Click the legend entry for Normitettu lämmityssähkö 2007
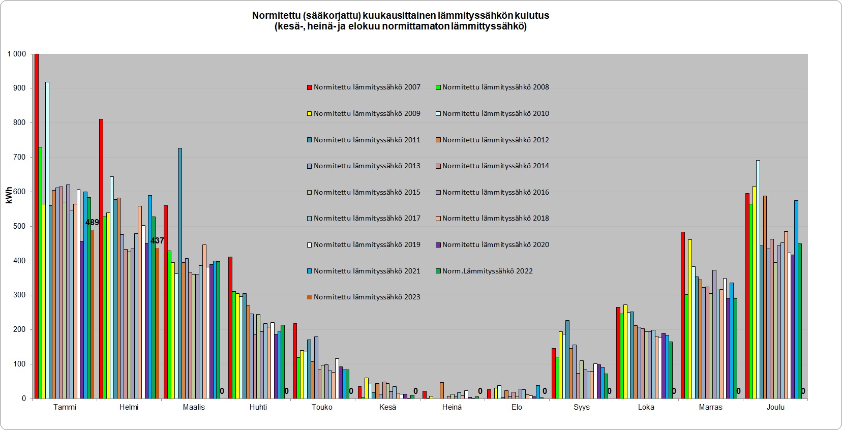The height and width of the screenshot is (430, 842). click(x=364, y=87)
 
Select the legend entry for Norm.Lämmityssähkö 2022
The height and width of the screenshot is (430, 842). click(x=484, y=271)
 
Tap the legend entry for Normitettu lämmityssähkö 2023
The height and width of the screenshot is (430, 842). click(x=364, y=297)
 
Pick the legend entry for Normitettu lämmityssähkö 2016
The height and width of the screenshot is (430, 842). click(x=492, y=193)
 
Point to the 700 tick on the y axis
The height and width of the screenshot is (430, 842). click(x=19, y=157)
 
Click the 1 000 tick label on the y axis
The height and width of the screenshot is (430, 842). click(x=17, y=54)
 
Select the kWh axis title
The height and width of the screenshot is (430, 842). click(x=9, y=195)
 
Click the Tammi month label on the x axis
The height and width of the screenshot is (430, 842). click(x=65, y=407)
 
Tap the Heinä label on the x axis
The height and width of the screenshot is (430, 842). click(x=452, y=407)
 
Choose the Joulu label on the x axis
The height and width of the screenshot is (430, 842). click(x=775, y=407)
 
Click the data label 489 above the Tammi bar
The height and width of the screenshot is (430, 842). click(x=92, y=223)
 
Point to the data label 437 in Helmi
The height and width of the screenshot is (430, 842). click(x=157, y=241)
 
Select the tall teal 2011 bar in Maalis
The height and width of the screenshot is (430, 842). click(x=180, y=273)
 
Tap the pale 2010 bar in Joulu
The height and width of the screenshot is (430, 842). click(x=758, y=279)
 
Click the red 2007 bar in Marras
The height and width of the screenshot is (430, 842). click(x=683, y=315)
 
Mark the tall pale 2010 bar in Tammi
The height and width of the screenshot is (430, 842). click(x=47, y=240)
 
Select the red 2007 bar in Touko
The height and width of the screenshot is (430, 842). click(x=295, y=361)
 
